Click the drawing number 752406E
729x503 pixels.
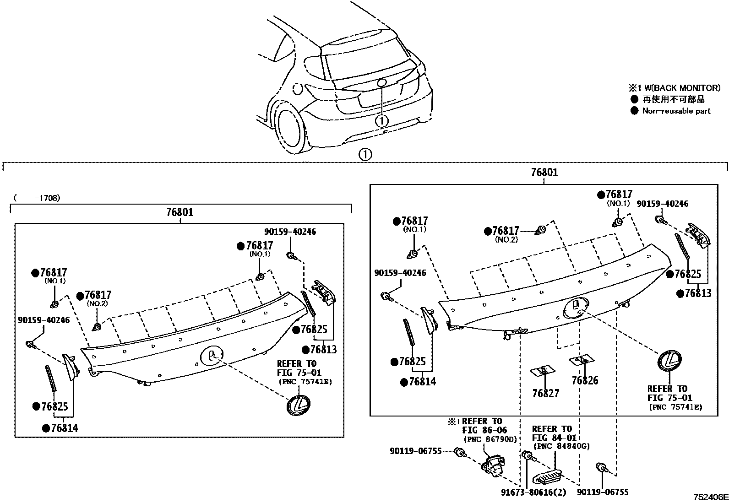tap(710, 497)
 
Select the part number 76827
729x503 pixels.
tap(545, 393)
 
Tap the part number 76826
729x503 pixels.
tap(585, 380)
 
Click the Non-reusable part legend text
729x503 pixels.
tap(676, 111)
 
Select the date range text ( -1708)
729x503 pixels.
tap(37, 198)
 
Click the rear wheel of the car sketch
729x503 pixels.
tap(289, 130)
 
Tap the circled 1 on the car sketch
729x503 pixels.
tap(381, 121)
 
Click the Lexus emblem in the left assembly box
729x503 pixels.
tap(299, 405)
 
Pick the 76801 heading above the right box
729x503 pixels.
tap(544, 173)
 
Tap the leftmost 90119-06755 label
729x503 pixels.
tap(416, 451)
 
